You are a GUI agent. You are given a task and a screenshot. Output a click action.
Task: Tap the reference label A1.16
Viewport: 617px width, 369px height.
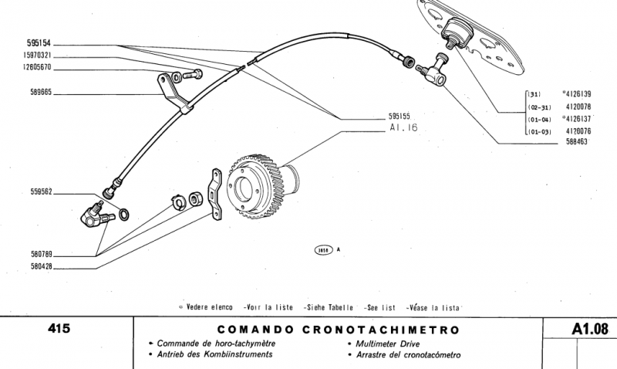tap(403, 128)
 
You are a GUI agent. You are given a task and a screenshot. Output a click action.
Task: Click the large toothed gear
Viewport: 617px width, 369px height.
tap(262, 188)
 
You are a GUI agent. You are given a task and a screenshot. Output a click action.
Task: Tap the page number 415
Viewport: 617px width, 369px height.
tap(59, 328)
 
